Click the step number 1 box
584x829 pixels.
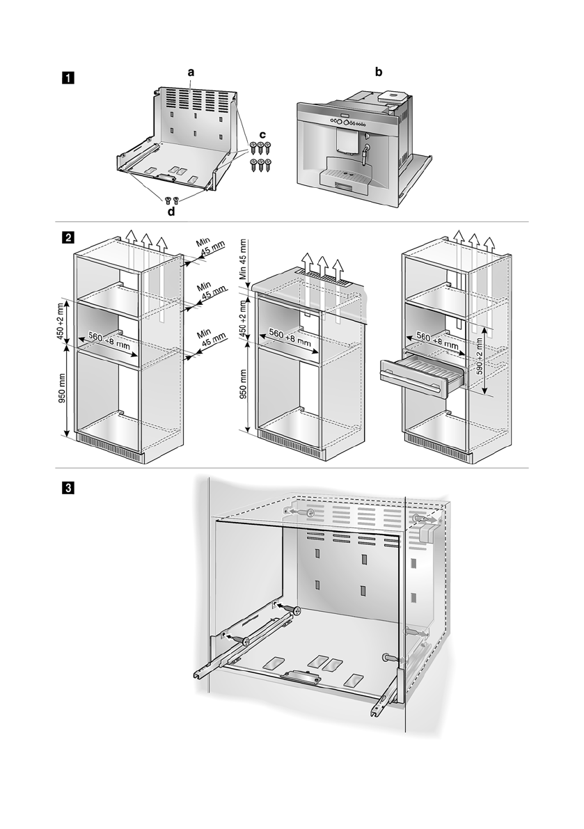(67, 77)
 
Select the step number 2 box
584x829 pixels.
(67, 238)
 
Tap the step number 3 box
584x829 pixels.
(67, 487)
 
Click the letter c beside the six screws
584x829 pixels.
(262, 133)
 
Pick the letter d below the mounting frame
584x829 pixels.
(171, 211)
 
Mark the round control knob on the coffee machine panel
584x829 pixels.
(346, 123)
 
